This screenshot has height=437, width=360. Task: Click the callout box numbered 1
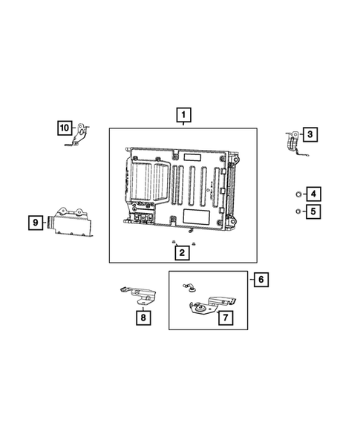(182, 115)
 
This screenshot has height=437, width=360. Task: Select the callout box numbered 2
(182, 253)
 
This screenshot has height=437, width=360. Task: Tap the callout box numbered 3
(310, 134)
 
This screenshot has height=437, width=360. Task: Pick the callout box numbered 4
(313, 194)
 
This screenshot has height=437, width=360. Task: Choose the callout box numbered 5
(313, 211)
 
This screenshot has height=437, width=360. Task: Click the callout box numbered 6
(260, 280)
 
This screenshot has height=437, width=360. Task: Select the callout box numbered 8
(142, 318)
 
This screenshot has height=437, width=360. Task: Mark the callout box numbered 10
(65, 128)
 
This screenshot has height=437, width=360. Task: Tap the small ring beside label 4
(297, 194)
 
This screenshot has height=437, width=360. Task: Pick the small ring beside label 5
(297, 211)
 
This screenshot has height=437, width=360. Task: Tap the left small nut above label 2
(173, 243)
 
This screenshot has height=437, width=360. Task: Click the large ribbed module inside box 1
(182, 189)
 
